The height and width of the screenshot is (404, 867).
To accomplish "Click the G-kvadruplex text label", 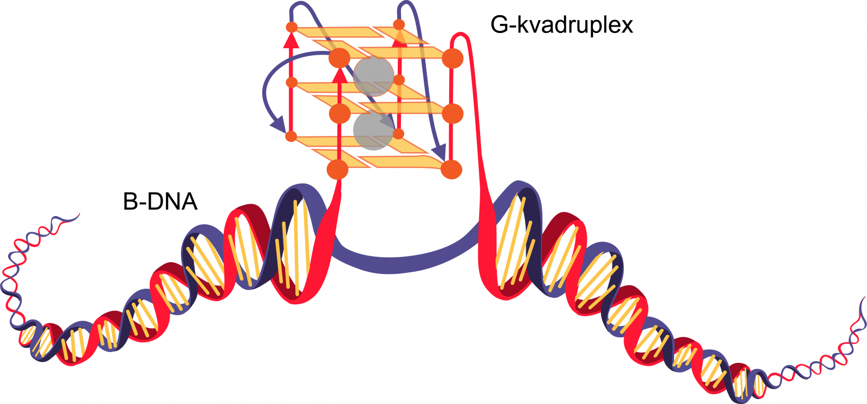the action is point(561,25).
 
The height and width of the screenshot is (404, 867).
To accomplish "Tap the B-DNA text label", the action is point(160,201).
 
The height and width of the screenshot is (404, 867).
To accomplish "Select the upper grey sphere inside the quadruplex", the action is point(373,76).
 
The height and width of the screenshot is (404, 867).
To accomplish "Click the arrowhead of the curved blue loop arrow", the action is point(279,126).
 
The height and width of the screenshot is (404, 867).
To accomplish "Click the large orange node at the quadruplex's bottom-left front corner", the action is point(338,170).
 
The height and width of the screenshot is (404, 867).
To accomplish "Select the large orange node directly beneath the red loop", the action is point(452,58).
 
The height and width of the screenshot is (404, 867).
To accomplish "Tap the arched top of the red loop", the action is point(460,36).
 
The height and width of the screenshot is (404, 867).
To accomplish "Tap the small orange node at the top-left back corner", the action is point(292,27).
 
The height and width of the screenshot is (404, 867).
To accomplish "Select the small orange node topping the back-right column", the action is point(399,25).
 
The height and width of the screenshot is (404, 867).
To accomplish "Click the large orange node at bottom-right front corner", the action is point(451,170).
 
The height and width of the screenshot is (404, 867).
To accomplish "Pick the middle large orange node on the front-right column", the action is point(452,113).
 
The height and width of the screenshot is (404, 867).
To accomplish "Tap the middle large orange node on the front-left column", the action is point(339,113).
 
